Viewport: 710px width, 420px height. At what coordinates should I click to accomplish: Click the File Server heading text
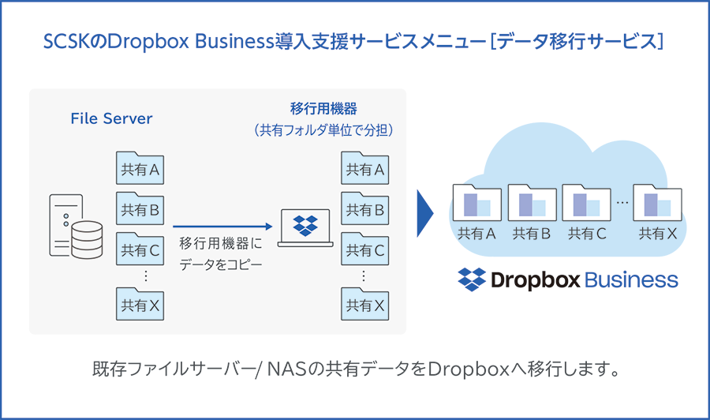click(111, 119)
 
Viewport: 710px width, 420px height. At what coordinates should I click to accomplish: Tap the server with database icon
click(75, 225)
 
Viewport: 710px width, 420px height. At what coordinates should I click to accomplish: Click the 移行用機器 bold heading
click(323, 108)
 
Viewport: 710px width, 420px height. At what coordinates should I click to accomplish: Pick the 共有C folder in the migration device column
click(364, 249)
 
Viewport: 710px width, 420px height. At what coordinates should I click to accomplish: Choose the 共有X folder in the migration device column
click(364, 304)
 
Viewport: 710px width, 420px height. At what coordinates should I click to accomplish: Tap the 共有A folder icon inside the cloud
click(476, 204)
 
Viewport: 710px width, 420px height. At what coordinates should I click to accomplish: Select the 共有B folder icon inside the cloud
click(532, 204)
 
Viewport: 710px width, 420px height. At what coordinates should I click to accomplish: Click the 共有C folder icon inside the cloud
click(587, 204)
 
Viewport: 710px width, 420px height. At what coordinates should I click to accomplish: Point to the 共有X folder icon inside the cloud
click(657, 204)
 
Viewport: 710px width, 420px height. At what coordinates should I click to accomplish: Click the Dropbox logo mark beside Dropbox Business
click(472, 279)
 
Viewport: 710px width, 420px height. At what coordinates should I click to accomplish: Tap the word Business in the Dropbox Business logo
click(631, 280)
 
